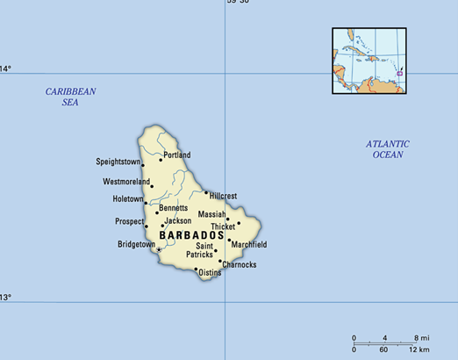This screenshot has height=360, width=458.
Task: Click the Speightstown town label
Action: [x=118, y=162]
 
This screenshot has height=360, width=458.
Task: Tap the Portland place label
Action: [x=176, y=155]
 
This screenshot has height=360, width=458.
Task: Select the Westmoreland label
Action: [x=126, y=182]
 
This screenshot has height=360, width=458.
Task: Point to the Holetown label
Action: [x=128, y=199]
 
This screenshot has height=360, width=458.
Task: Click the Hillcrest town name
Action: [x=223, y=195]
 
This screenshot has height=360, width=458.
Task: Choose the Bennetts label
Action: [x=173, y=208]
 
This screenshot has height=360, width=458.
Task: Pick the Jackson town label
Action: [x=178, y=221]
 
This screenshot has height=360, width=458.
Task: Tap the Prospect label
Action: [x=129, y=222]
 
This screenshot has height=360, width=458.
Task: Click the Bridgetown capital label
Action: [x=136, y=244]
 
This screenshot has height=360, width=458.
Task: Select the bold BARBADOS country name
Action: [x=192, y=236]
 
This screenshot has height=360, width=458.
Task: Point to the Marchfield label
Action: [x=249, y=244]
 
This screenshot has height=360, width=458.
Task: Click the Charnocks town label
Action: [x=240, y=264]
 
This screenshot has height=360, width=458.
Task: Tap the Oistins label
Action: [x=210, y=273]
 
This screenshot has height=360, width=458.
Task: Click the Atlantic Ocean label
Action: [x=388, y=149]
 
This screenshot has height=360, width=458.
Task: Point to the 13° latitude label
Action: [x=6, y=298]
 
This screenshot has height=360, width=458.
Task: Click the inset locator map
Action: [x=369, y=61]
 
